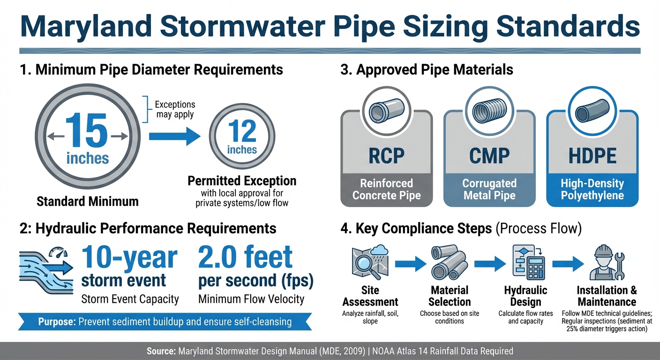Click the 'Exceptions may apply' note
(175, 109)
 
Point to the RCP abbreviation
(386, 155)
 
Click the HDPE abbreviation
(592, 155)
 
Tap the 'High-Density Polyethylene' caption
(592, 189)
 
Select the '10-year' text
(129, 257)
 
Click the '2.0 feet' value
(246, 257)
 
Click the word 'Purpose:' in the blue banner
(57, 322)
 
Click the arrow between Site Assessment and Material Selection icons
(410, 264)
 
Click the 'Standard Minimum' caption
(88, 202)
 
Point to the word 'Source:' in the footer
(161, 351)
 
